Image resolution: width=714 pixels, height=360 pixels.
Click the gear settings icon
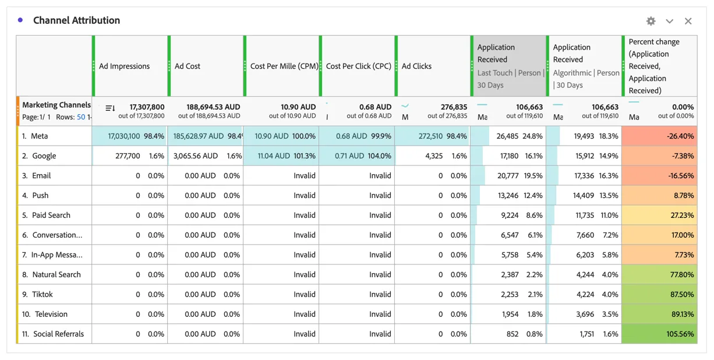point(651,21)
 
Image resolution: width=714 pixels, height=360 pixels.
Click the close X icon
point(688,21)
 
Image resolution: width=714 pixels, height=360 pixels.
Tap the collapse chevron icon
point(669,22)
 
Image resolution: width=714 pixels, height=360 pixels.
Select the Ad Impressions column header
point(124,66)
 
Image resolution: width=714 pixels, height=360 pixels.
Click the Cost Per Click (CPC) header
point(358,66)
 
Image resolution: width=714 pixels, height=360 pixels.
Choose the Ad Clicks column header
point(416,66)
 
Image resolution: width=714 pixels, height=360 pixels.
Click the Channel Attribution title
point(76,20)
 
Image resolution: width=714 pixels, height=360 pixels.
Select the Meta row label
point(39,136)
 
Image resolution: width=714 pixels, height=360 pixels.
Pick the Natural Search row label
point(56,274)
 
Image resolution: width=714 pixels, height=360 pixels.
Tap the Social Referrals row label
point(59,334)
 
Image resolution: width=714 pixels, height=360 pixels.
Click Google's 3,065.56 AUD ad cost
point(196,156)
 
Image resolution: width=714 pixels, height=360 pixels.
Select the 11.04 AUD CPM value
point(274,156)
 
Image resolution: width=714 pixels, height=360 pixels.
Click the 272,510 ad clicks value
point(430,136)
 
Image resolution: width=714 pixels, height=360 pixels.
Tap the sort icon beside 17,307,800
point(110,108)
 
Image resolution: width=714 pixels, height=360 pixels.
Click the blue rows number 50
point(81,117)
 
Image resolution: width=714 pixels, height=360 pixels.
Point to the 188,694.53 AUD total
point(213,107)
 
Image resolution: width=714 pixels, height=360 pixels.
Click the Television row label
point(51,314)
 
